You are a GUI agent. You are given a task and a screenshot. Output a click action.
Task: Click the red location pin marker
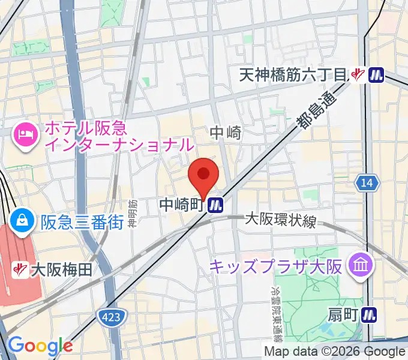click(203, 176)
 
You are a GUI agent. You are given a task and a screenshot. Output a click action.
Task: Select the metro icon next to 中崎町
click(216, 206)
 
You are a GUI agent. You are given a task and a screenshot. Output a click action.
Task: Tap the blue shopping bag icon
click(22, 220)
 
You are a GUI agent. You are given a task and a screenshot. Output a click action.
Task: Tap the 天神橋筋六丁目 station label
click(293, 75)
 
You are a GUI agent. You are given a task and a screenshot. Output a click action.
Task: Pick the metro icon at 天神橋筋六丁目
click(377, 75)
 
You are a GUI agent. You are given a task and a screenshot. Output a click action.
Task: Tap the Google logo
click(40, 346)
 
